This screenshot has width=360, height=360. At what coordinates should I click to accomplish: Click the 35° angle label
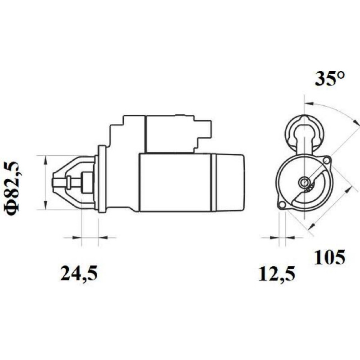(330, 79)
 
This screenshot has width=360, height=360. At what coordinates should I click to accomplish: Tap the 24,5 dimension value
(79, 274)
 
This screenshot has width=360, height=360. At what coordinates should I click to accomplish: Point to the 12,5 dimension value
(277, 274)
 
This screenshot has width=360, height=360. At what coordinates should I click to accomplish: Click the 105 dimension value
(330, 257)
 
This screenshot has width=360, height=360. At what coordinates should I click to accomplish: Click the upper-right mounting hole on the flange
(326, 161)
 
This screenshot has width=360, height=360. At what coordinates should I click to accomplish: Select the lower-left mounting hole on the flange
(282, 205)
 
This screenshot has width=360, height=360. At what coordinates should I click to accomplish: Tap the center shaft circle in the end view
(304, 183)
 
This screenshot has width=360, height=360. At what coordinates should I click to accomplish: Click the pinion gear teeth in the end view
(308, 189)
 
